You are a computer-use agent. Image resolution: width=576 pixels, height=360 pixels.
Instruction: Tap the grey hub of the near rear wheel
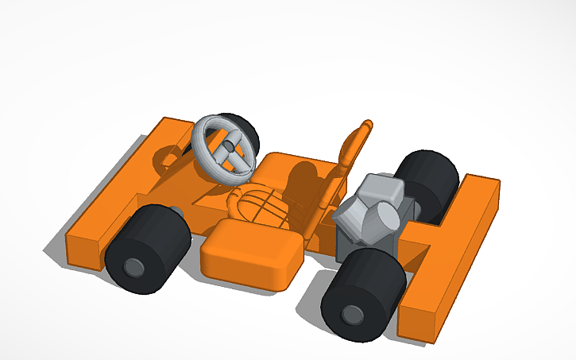point(350,315)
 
